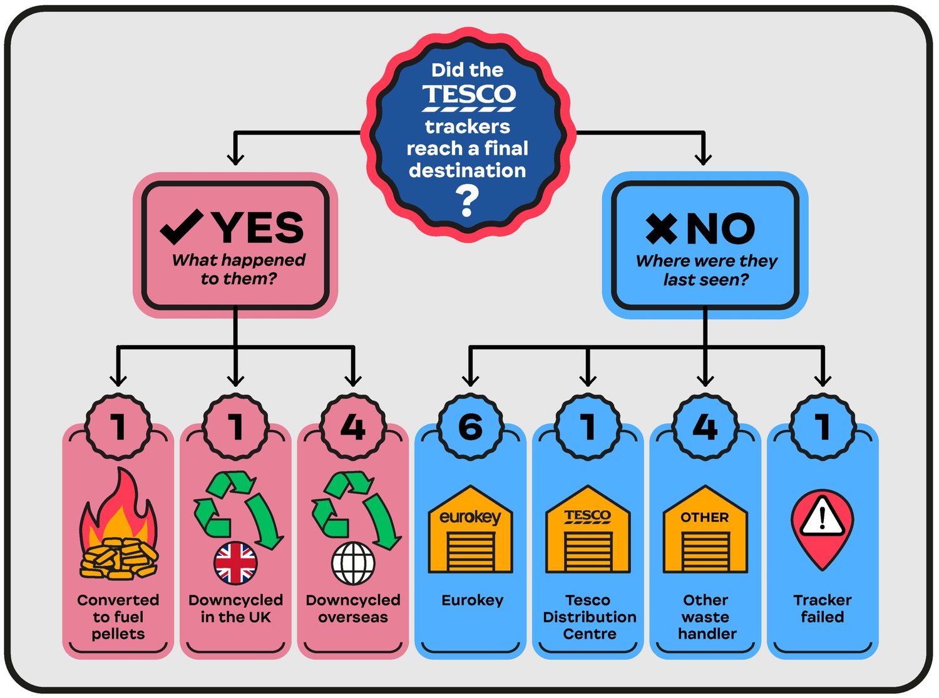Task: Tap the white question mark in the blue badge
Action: [466, 202]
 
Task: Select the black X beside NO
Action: [661, 228]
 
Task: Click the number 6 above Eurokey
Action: [470, 427]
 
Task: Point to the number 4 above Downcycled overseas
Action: [353, 427]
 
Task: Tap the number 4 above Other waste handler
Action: [705, 427]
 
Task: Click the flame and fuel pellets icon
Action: [118, 526]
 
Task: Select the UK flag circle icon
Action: [235, 563]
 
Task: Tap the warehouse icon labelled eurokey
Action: [470, 530]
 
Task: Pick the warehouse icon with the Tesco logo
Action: [588, 530]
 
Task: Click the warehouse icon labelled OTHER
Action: [705, 530]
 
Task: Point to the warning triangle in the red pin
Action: [822, 517]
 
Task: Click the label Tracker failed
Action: [822, 608]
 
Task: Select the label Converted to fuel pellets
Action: [118, 617]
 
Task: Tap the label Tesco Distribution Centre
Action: [588, 617]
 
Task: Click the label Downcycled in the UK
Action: [235, 608]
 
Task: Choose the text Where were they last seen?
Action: [706, 270]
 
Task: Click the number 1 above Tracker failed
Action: [822, 427]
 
